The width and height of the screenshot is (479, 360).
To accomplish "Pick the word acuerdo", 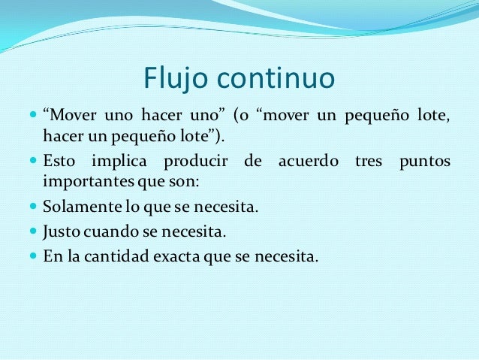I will pyautogui.click(x=309, y=162).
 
